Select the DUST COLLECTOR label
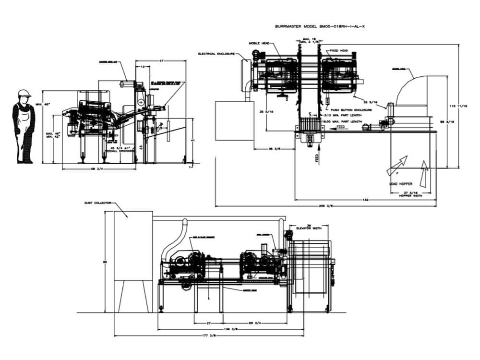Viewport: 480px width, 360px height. [x=97, y=203]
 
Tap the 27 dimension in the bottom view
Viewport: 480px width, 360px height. [x=209, y=323]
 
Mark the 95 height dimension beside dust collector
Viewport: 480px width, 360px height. [x=105, y=262]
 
